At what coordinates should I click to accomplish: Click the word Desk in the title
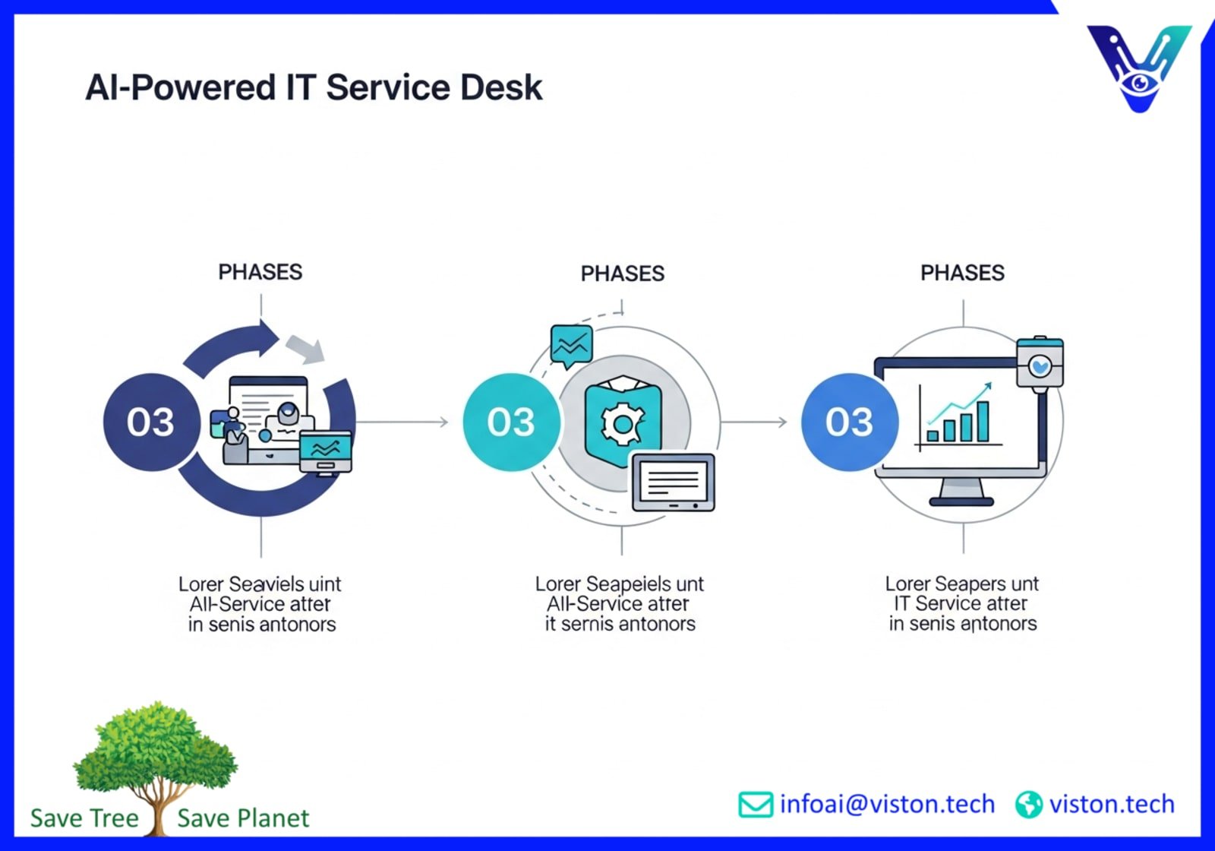(501, 87)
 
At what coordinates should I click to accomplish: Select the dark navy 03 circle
(150, 422)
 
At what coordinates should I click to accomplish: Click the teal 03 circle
(511, 422)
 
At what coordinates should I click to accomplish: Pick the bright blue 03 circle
(849, 422)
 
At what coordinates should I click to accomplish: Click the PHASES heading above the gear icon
(622, 274)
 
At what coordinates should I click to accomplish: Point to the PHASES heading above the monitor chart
(962, 273)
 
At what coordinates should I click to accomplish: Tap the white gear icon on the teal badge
(623, 422)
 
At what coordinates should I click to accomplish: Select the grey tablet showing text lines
(673, 482)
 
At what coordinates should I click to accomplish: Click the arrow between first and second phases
(402, 422)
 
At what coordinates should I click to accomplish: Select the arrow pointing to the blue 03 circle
(756, 422)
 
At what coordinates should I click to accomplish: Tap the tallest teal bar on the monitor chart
(983, 422)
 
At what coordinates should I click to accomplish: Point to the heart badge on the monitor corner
(1040, 365)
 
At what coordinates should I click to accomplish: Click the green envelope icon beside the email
(755, 805)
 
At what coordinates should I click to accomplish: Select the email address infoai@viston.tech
(887, 804)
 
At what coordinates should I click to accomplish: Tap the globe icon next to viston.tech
(1028, 805)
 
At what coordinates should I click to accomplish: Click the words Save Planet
(243, 818)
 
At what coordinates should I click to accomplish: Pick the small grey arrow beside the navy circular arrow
(306, 348)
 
